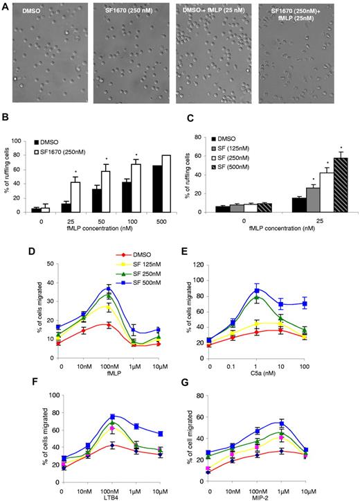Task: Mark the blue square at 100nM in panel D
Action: (x=108, y=288)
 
